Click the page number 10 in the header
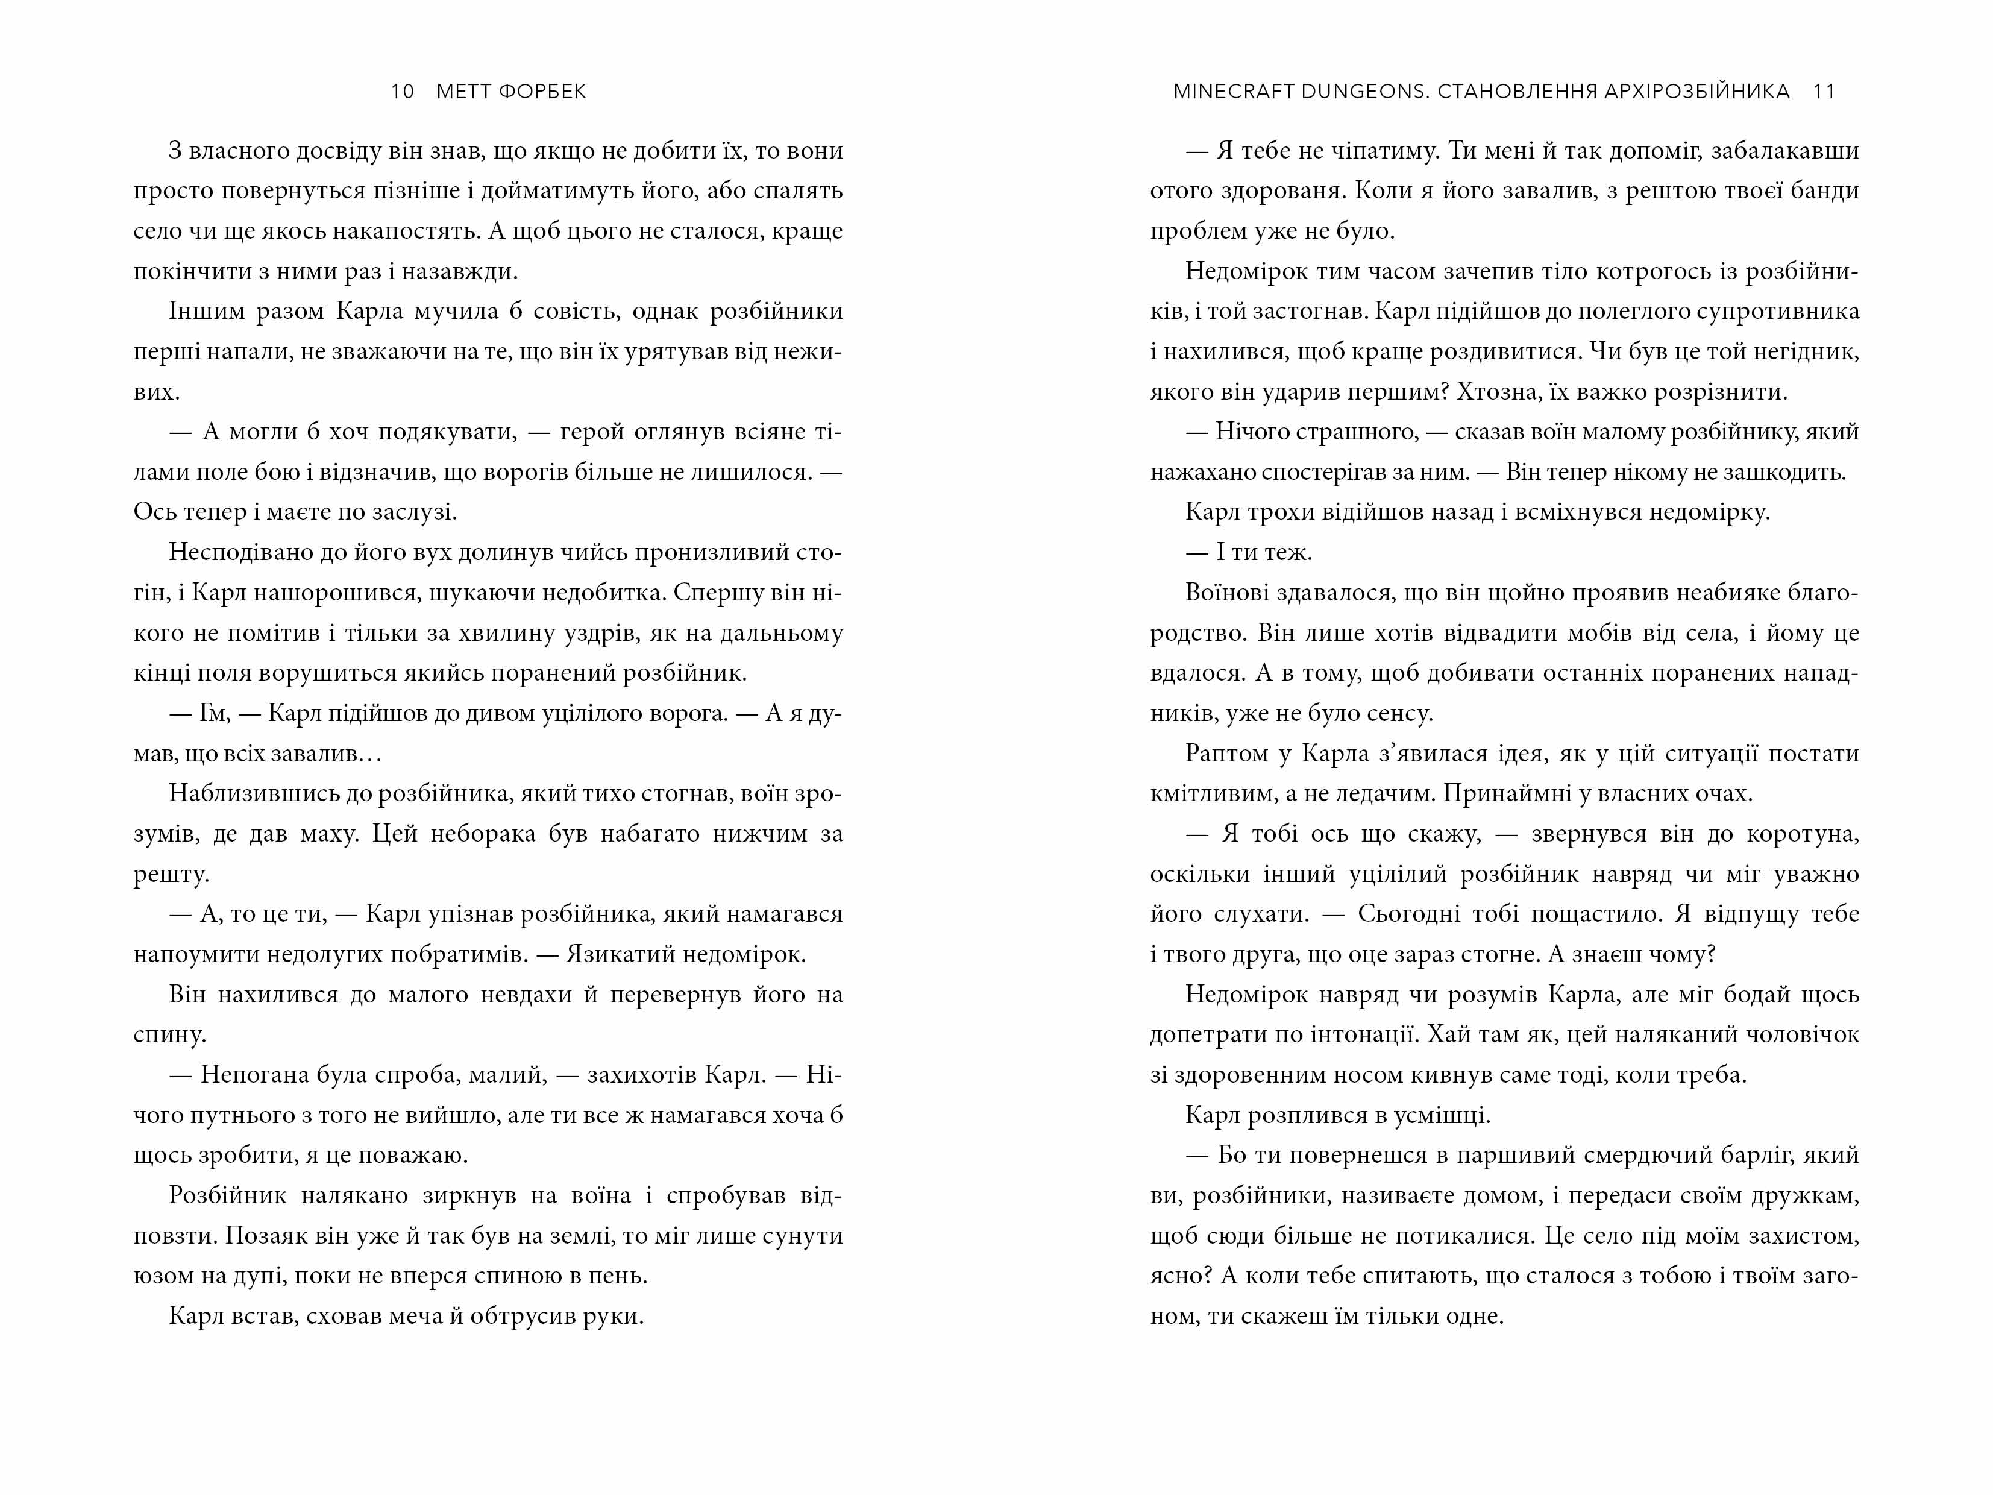point(402,92)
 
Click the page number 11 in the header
point(1824,92)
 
